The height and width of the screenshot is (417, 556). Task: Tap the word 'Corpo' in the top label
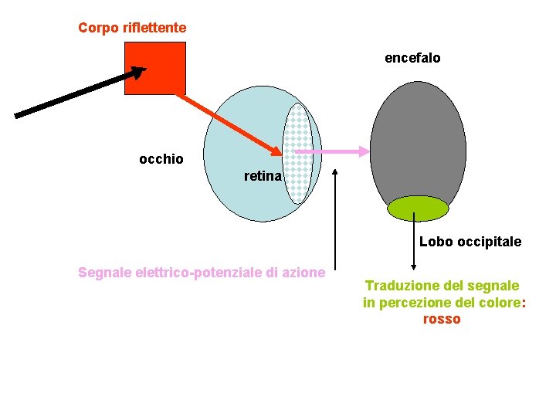pos(95,28)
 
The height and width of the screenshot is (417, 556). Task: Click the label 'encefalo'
pos(412,58)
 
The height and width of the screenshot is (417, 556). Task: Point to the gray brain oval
pos(418,139)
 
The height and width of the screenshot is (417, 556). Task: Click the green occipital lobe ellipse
pos(418,208)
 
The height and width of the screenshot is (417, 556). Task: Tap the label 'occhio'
pos(161,159)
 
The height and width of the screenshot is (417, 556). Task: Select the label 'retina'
pos(263,177)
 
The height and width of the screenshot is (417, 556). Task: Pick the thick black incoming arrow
pos(77,93)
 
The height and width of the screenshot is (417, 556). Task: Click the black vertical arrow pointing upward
pos(334,224)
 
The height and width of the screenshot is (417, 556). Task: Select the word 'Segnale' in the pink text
pos(104,272)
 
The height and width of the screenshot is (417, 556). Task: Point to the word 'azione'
pos(304,272)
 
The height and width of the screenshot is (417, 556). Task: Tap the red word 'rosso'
pos(442,319)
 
